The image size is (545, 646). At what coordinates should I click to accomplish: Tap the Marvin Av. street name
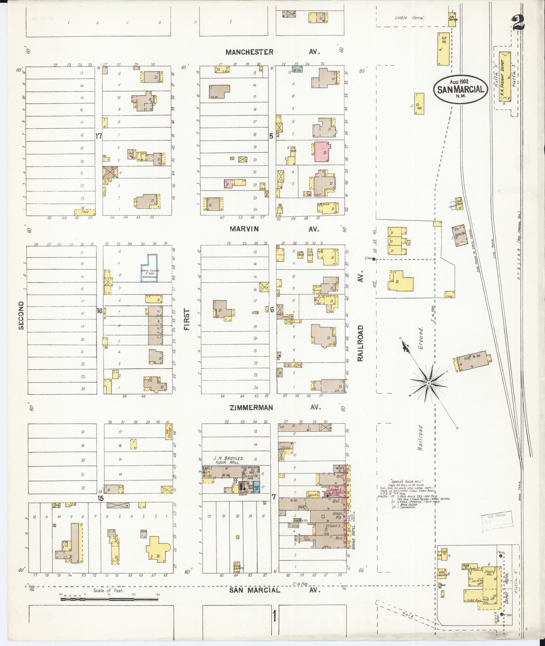point(274,229)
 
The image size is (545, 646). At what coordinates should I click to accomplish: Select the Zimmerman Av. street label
point(274,408)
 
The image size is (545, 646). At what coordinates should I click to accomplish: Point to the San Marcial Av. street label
point(274,590)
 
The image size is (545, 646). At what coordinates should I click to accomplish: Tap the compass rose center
point(428,383)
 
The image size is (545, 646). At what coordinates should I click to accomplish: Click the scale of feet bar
point(109,599)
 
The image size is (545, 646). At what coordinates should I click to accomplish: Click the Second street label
point(21,315)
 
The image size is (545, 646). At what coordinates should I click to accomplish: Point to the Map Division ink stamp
point(496,529)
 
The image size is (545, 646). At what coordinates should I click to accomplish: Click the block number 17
point(99,136)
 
